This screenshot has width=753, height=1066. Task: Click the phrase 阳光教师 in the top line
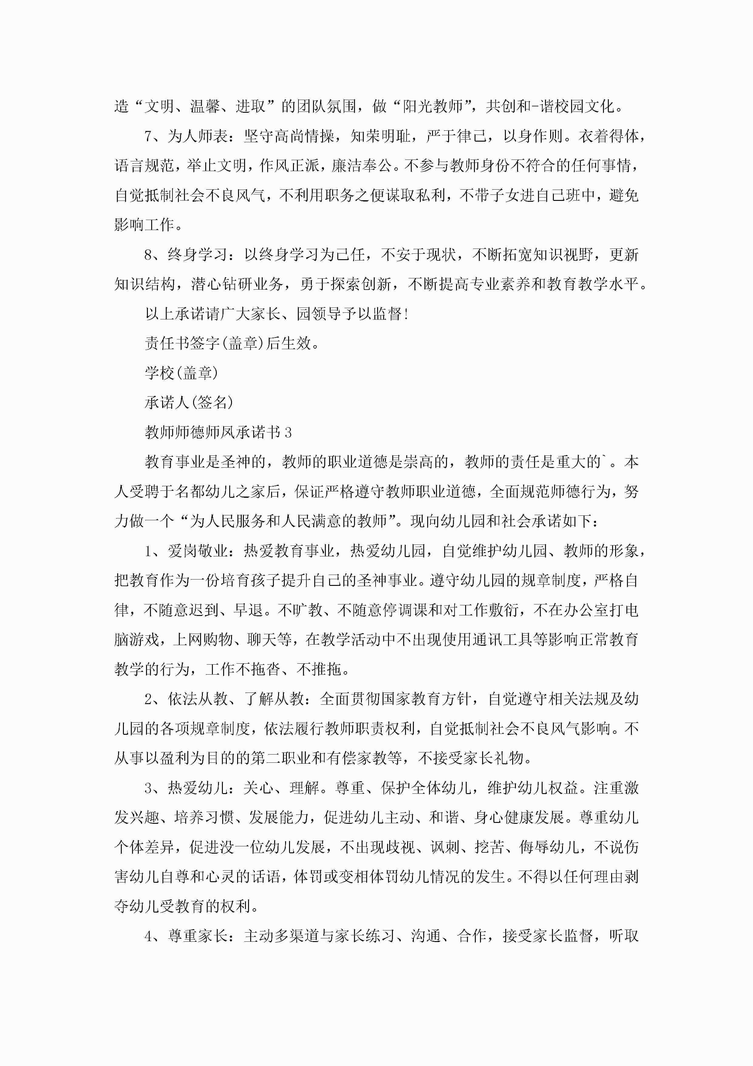pyautogui.click(x=433, y=107)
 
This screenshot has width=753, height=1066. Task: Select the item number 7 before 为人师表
pyautogui.click(x=148, y=136)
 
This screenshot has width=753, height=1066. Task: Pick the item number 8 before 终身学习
pyautogui.click(x=148, y=255)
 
